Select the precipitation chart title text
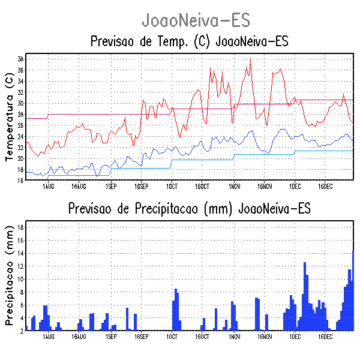point(189,209)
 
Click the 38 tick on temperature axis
point(20,59)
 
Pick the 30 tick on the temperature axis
point(20,103)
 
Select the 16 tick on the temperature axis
point(20,180)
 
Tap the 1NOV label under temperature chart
point(234,186)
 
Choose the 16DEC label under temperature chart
point(325,186)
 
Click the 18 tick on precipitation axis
point(20,227)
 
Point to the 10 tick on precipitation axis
point(20,279)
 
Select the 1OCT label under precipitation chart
point(172,337)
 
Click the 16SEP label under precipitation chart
point(141,337)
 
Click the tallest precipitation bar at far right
point(353,291)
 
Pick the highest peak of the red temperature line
point(250,60)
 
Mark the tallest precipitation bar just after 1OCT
point(176,310)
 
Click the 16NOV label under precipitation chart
point(265,337)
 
